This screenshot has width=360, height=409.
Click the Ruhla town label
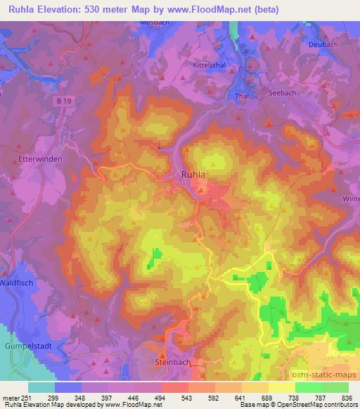(x=193, y=176)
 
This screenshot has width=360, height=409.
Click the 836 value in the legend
(x=347, y=397)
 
